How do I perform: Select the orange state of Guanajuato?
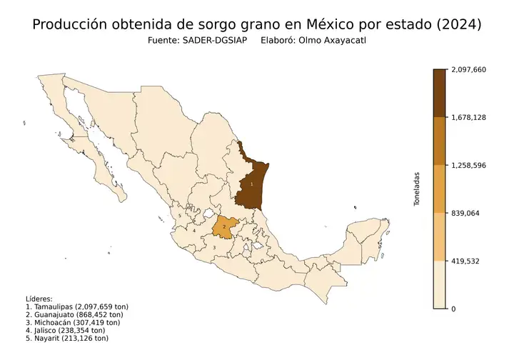[226, 226]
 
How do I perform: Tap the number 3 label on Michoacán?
[214, 248]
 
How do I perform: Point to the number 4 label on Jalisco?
[194, 231]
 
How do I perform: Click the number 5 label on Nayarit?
[180, 215]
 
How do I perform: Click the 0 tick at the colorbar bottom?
[453, 309]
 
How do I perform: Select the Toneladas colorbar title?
[418, 189]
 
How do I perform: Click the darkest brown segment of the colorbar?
[440, 93]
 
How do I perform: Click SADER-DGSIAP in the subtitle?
[213, 41]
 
